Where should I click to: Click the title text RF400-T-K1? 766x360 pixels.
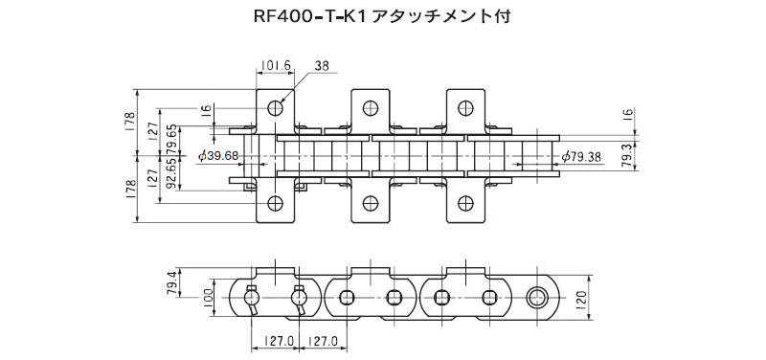[306, 16]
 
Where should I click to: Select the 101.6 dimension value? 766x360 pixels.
[276, 65]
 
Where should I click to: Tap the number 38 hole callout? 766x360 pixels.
[322, 65]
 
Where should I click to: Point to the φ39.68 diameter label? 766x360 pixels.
[218, 156]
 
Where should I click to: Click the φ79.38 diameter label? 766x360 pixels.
[581, 156]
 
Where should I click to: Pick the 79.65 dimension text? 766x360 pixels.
[170, 139]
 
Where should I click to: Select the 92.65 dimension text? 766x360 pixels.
[170, 173]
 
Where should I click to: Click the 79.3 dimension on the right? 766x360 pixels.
[628, 157]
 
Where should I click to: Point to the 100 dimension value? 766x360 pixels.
[206, 298]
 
